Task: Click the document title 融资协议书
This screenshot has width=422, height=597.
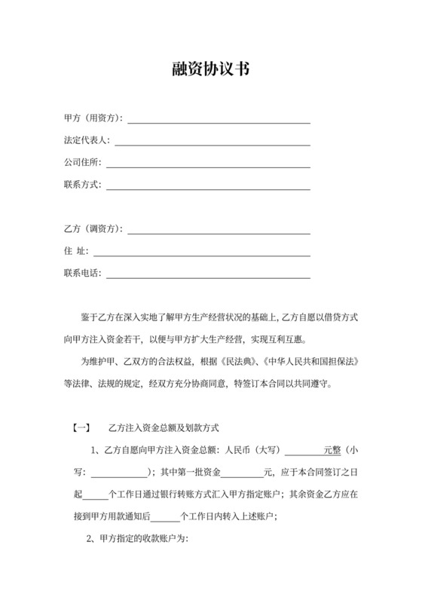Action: coord(210,70)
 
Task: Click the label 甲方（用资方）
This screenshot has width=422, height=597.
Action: coord(93,118)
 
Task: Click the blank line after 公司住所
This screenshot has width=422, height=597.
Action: coord(208,164)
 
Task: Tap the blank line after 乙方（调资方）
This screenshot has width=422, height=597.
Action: coord(219,230)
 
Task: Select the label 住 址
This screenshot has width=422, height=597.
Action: coord(77,251)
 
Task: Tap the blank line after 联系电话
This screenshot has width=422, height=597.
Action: coord(208,274)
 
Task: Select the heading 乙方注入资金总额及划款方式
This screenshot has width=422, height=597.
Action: coord(164,428)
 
